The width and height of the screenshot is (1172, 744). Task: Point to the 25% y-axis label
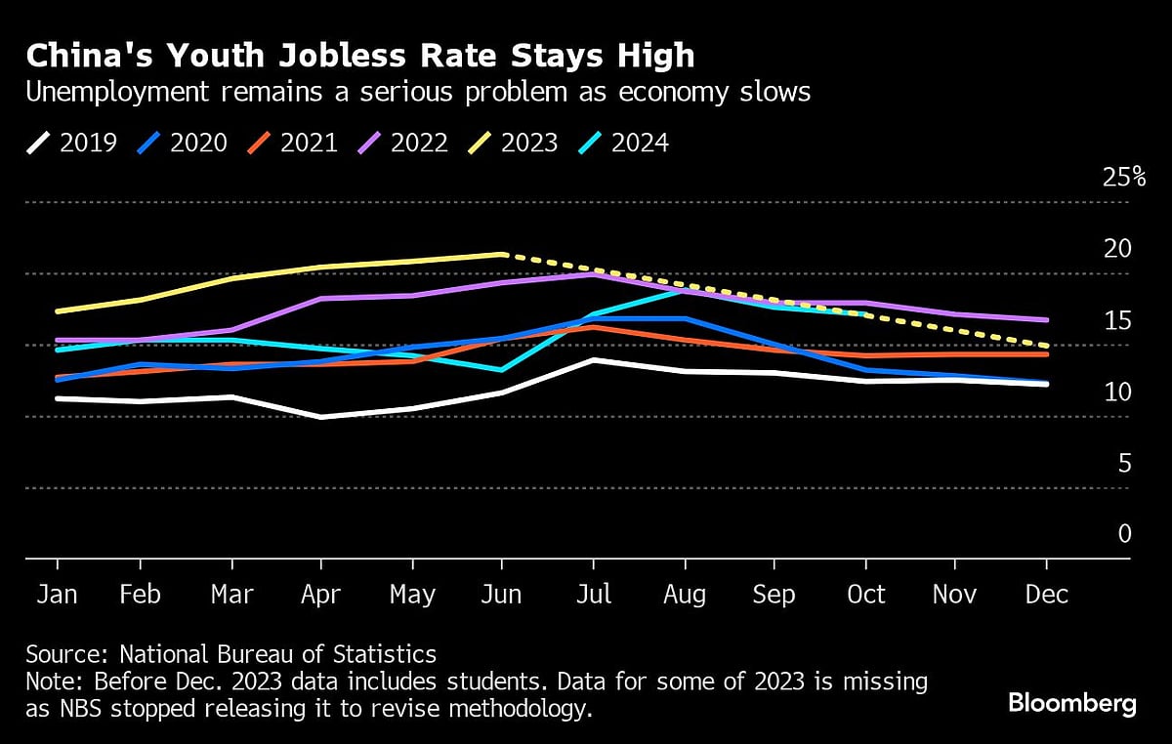1122,177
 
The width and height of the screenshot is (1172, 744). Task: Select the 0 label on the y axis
1124,534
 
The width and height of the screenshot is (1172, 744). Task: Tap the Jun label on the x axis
501,594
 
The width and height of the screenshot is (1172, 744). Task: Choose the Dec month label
1047,594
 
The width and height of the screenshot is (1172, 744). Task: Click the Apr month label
320,594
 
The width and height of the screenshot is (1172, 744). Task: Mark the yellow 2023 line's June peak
502,254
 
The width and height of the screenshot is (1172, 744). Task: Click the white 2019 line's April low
320,417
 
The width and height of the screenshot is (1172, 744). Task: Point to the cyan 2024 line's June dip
502,370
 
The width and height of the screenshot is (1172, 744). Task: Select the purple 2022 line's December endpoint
1047,319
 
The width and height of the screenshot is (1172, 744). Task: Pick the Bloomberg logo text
1071,703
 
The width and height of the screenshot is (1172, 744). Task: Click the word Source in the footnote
60,654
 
